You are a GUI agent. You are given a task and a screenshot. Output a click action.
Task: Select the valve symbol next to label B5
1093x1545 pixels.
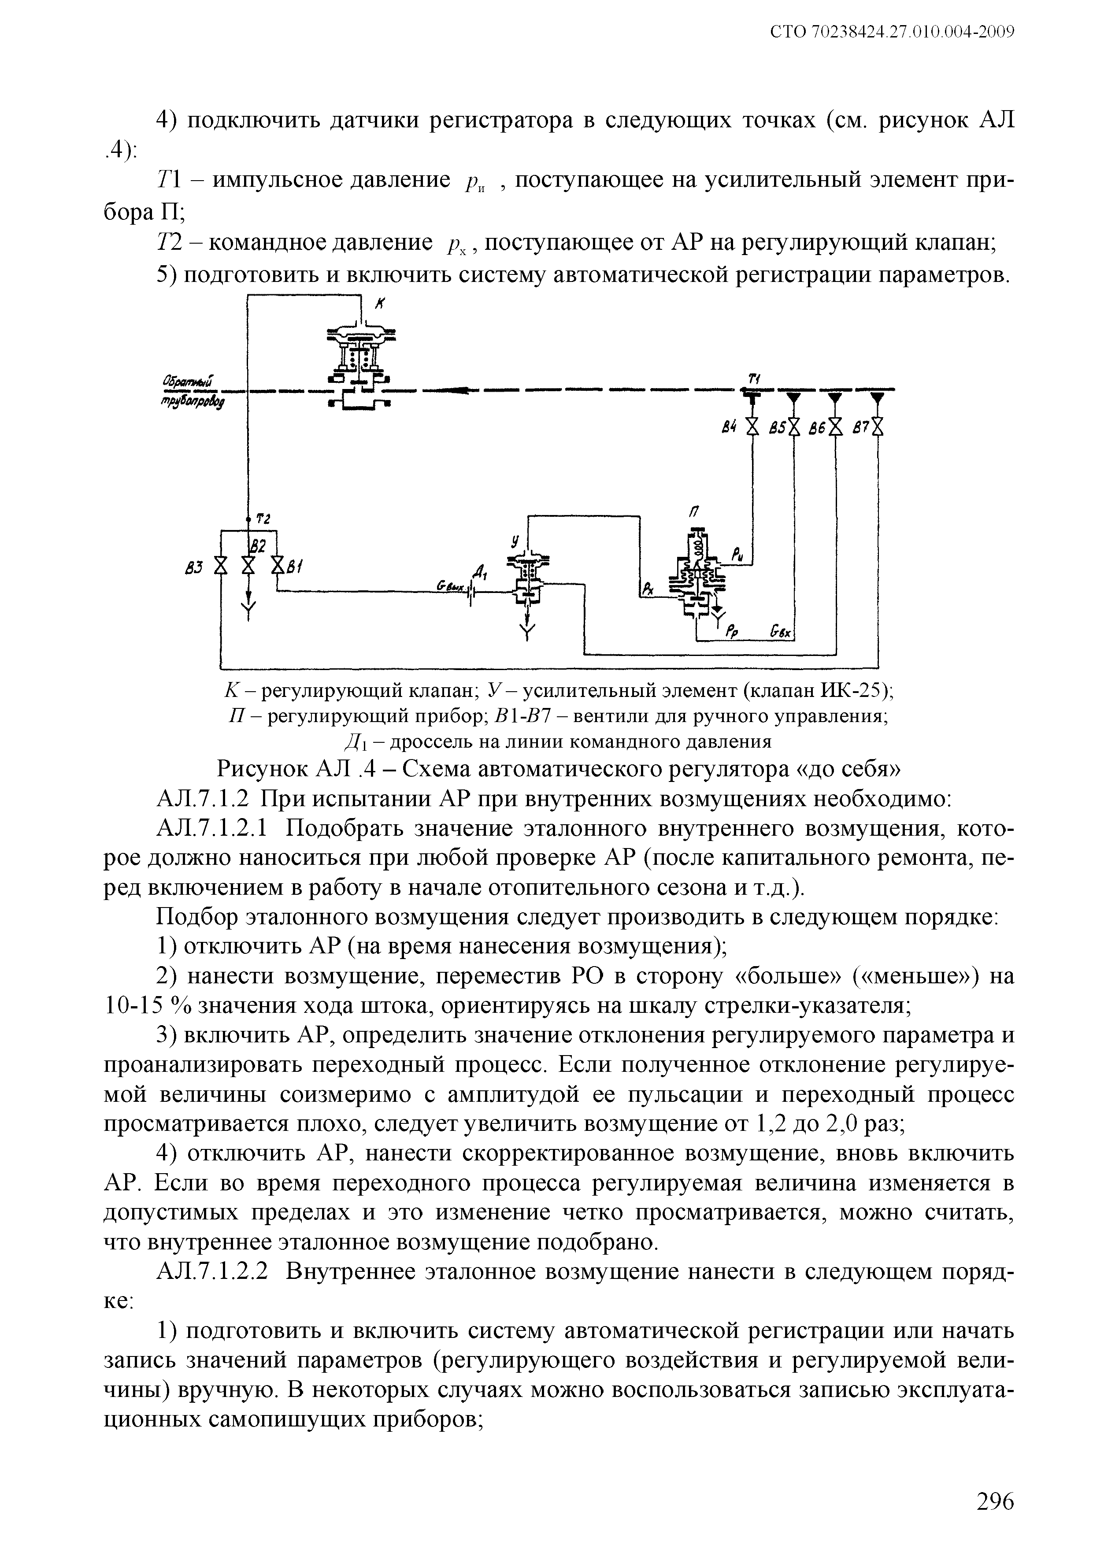tap(794, 426)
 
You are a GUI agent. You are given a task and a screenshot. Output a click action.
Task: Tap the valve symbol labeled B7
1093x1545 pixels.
tap(877, 426)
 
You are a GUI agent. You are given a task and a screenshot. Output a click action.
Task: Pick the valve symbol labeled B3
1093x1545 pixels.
tap(219, 565)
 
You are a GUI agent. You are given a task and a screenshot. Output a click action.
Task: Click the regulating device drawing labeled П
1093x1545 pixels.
tap(698, 572)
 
